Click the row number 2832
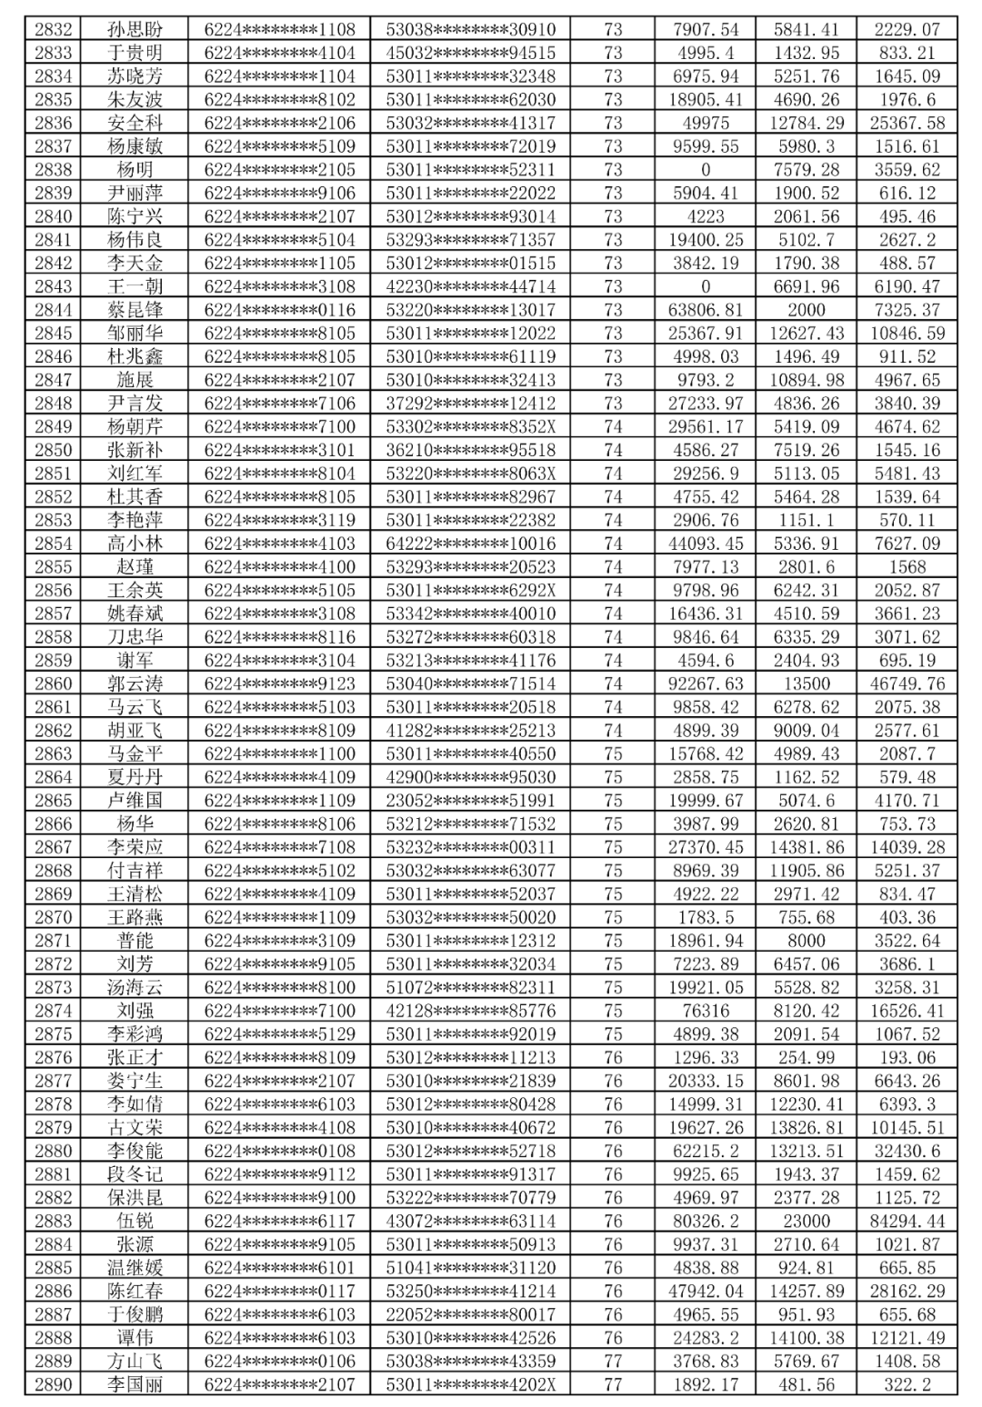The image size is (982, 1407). point(53,29)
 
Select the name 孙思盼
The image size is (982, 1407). point(135,29)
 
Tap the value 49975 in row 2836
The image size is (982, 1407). point(706,123)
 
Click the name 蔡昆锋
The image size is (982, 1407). point(135,310)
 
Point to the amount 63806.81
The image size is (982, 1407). point(706,310)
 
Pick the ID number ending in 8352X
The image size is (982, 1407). point(470,426)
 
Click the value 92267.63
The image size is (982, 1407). point(706,684)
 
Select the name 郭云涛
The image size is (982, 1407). point(135,684)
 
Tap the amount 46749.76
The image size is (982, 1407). point(907,684)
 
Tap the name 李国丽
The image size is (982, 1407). point(135,1384)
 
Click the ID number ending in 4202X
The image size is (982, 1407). point(470,1384)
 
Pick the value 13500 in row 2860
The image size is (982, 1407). point(806,684)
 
